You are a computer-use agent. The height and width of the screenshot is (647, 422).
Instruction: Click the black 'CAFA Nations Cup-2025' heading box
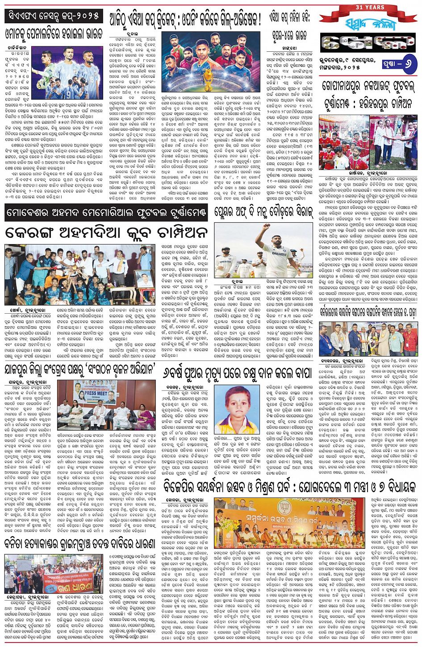click(53, 16)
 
